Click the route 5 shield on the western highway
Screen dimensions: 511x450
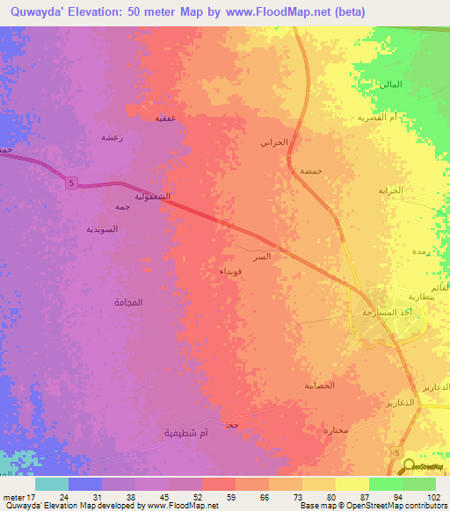click(x=69, y=183)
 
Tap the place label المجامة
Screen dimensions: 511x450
click(x=128, y=302)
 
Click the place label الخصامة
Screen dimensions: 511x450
click(x=320, y=385)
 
